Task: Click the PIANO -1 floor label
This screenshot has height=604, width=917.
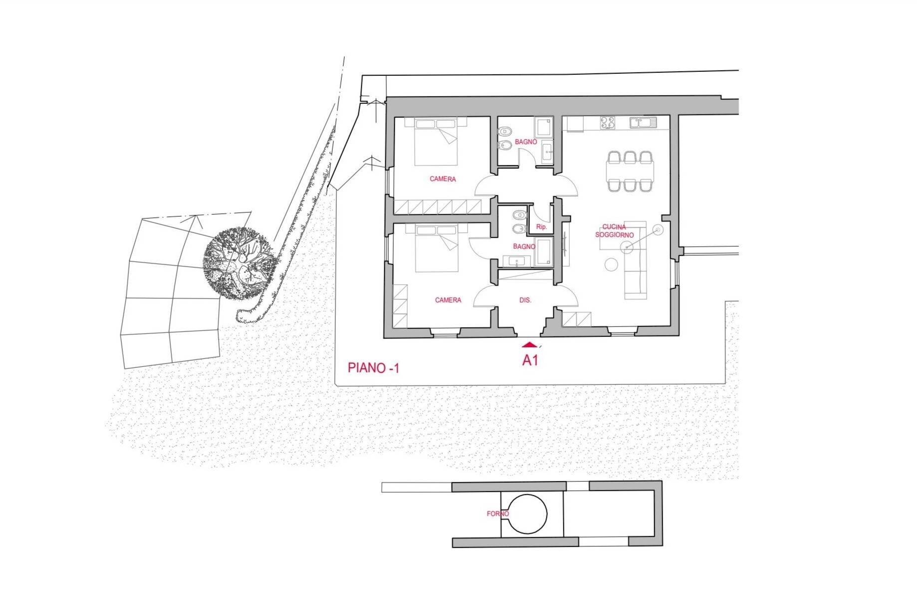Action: click(373, 368)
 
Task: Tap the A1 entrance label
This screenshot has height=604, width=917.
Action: click(530, 360)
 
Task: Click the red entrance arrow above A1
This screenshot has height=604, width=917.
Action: click(529, 344)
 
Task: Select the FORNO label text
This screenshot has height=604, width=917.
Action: click(498, 514)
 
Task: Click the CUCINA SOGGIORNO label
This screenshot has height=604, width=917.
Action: click(614, 231)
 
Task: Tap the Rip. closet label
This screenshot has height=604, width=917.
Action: click(541, 227)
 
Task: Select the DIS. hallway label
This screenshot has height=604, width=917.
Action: click(525, 301)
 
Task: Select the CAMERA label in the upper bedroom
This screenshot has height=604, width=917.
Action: click(443, 179)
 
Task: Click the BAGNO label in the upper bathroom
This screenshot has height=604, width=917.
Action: click(526, 142)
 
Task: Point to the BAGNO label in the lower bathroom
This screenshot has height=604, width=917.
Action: click(524, 247)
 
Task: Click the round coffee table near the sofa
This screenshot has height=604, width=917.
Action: click(611, 265)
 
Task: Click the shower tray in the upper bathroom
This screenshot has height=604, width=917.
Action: click(543, 127)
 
